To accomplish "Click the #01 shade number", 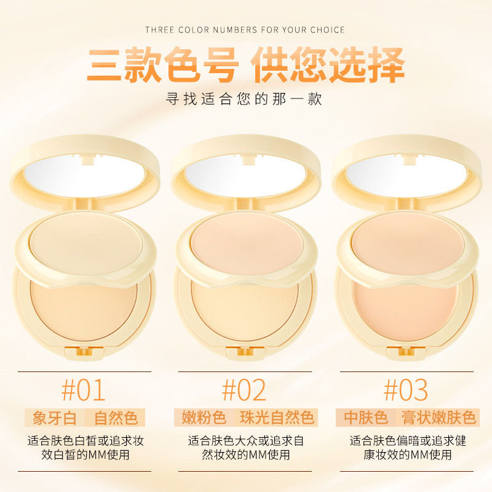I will [84, 390].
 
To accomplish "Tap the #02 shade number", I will [244, 390].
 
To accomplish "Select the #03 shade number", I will [405, 390].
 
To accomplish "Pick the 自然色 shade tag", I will [116, 418].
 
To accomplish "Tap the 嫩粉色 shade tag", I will [204, 418].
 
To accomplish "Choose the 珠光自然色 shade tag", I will [277, 418].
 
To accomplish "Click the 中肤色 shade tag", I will [366, 418].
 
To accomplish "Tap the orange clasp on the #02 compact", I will [245, 352].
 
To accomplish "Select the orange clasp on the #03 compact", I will [405, 352].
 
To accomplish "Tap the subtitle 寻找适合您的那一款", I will [245, 98].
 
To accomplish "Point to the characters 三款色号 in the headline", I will [161, 64].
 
